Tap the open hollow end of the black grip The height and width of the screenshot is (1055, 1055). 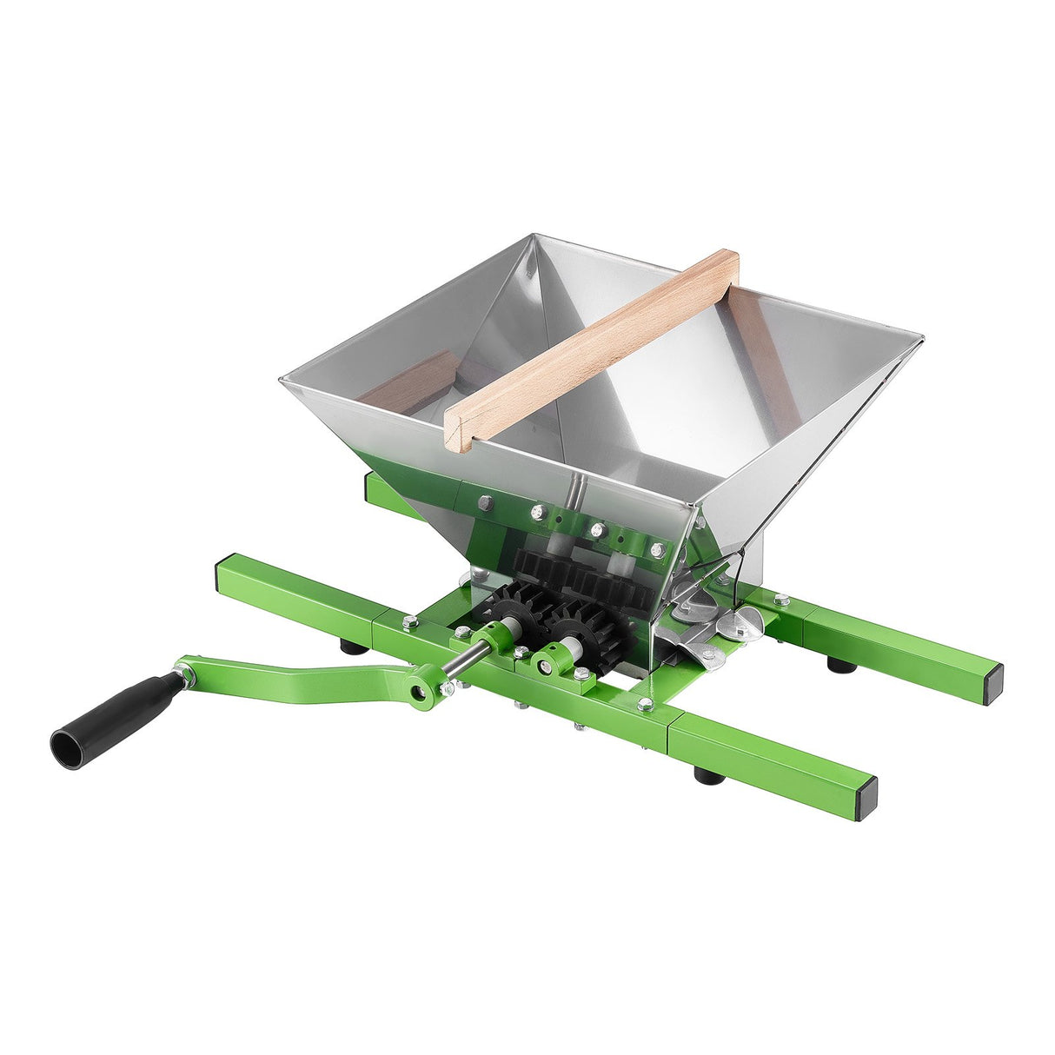tap(66, 744)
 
